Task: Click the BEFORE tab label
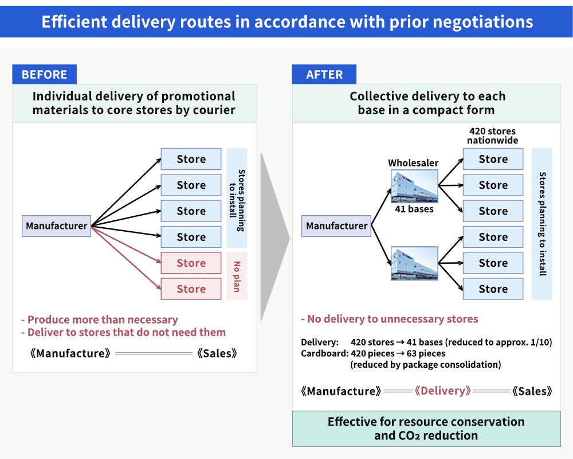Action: (44, 75)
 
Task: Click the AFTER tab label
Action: (324, 75)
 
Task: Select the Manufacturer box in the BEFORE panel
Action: (56, 226)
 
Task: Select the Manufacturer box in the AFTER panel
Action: (336, 226)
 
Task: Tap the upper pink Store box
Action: (191, 263)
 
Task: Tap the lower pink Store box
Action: (191, 289)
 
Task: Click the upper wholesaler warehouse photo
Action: (414, 186)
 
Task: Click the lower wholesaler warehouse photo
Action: (414, 263)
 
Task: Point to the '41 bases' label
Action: (414, 209)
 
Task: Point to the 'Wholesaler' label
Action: (413, 163)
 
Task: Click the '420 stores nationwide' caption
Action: (492, 136)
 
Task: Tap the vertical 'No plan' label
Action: (237, 277)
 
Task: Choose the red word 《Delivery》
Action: (442, 391)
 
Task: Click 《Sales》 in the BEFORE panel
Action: (217, 353)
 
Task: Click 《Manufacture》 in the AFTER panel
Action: (340, 391)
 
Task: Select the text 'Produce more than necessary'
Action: (103, 320)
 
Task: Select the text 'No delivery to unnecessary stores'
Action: (393, 319)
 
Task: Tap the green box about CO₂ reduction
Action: (426, 429)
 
